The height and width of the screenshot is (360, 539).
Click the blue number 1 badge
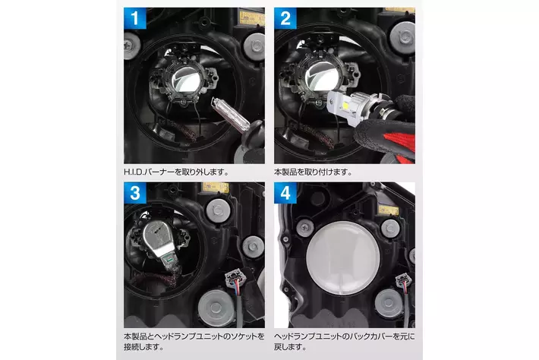pyautogui.click(x=135, y=18)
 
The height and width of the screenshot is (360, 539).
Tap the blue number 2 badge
pyautogui.click(x=285, y=18)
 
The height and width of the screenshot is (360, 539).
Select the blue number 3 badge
pyautogui.click(x=135, y=193)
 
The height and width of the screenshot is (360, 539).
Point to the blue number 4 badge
pyautogui.click(x=285, y=193)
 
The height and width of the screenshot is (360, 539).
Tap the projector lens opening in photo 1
pyautogui.click(x=187, y=79)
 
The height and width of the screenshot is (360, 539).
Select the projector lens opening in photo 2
pyautogui.click(x=321, y=77)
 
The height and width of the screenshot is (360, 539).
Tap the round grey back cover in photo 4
pyautogui.click(x=343, y=258)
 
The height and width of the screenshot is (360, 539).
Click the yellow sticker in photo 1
pyautogui.click(x=252, y=18)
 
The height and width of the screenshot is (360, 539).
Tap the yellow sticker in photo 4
pyautogui.click(x=389, y=210)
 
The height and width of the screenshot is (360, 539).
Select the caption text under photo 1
pyautogui.click(x=176, y=172)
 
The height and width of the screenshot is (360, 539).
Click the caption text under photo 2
pyautogui.click(x=314, y=172)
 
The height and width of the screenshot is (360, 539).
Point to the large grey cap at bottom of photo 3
pyautogui.click(x=216, y=308)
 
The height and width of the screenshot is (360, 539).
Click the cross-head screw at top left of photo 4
pyautogui.click(x=305, y=228)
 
